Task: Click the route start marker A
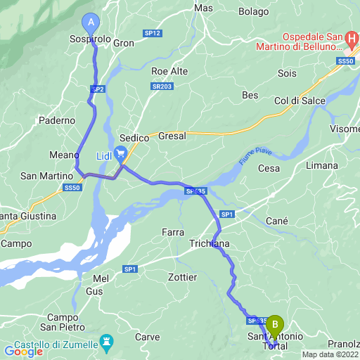pyautogui.click(x=91, y=22)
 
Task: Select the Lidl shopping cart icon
pyautogui.click(x=121, y=153)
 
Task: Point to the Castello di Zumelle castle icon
pyautogui.click(x=107, y=343)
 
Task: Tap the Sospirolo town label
pyautogui.click(x=91, y=41)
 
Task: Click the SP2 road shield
pyautogui.click(x=97, y=89)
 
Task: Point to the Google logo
pyautogui.click(x=24, y=351)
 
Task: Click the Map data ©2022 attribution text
pyautogui.click(x=330, y=354)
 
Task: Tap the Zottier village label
pyautogui.click(x=183, y=277)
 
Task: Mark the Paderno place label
pyautogui.click(x=57, y=120)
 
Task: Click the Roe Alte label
pyautogui.click(x=169, y=71)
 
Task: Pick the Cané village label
pyautogui.click(x=277, y=221)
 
